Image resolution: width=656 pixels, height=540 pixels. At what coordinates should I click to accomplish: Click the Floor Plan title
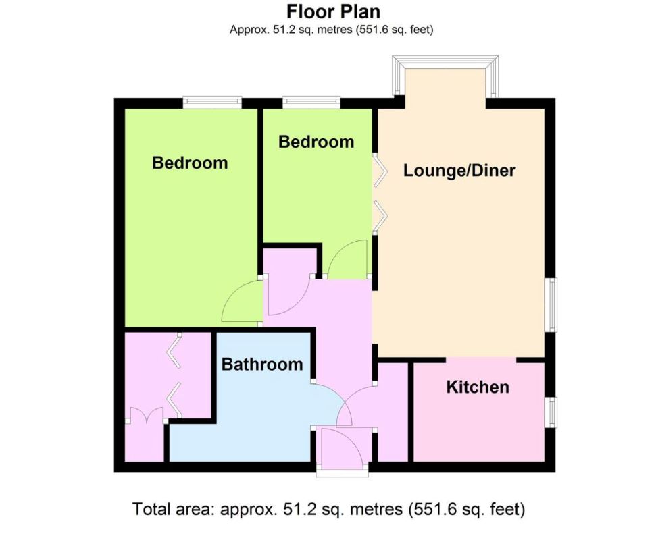pyautogui.click(x=333, y=11)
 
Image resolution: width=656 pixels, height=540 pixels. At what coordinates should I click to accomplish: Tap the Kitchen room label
pyautogui.click(x=478, y=387)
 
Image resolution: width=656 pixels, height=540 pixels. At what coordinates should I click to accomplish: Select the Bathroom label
pyautogui.click(x=262, y=364)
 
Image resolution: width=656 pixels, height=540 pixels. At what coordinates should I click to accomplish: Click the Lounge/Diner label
pyautogui.click(x=459, y=171)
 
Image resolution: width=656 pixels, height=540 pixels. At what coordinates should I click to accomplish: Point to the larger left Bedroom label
pyautogui.click(x=190, y=163)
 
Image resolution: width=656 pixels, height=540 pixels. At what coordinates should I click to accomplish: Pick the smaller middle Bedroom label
pyautogui.click(x=316, y=142)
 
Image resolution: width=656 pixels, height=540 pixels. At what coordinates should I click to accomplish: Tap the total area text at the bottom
pyautogui.click(x=328, y=509)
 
